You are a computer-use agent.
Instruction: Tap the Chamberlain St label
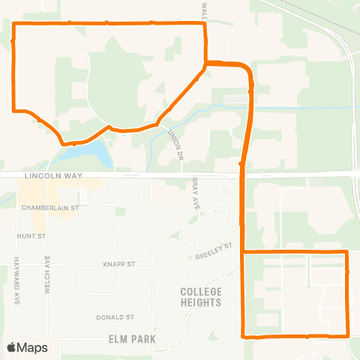point(49,208)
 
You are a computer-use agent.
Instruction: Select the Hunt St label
point(31,235)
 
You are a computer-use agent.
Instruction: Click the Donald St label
point(115,317)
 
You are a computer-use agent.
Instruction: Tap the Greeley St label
point(214,252)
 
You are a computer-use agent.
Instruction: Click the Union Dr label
point(175,139)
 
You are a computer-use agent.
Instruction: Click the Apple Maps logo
point(27,347)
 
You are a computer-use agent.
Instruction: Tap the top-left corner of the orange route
point(15,24)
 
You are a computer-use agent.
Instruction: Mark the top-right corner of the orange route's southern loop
point(347,252)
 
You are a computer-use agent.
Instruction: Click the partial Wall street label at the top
point(203,9)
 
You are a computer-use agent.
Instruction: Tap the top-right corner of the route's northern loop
point(205,24)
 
